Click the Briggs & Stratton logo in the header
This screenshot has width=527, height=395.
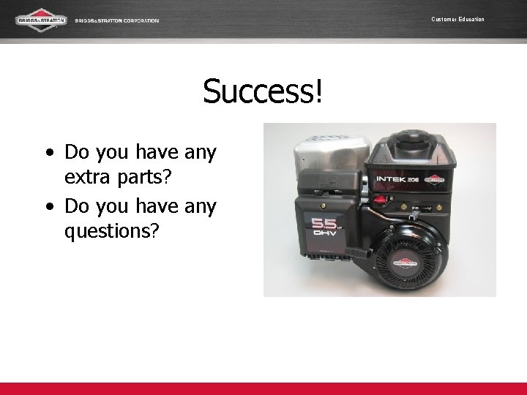pos(41,20)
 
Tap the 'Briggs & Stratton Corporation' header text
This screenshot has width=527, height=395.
pos(117,20)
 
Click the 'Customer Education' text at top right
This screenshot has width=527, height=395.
pos(457,19)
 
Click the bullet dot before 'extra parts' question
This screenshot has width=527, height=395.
pos(49,154)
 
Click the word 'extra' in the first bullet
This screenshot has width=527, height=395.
pos(89,178)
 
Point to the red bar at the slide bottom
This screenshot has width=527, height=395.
pos(263,389)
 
